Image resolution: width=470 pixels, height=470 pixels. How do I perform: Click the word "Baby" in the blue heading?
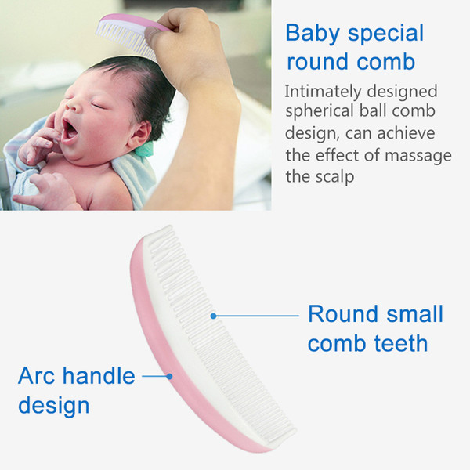pyautogui.click(x=313, y=34)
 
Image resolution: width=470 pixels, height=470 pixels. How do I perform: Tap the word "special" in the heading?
pyautogui.click(x=385, y=34)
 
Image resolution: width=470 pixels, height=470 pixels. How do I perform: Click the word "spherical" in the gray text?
pyautogui.click(x=320, y=111)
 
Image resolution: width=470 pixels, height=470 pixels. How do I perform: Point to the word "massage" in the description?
pyautogui.click(x=418, y=156)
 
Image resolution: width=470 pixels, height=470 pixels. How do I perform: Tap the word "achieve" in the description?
pyautogui.click(x=406, y=133)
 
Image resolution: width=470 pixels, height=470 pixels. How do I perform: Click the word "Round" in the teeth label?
pyautogui.click(x=344, y=314)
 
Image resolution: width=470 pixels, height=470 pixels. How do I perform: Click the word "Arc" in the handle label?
pyautogui.click(x=36, y=376)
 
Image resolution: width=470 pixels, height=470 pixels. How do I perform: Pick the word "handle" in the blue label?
pyautogui.click(x=99, y=375)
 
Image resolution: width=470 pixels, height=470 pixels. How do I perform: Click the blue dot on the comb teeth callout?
pyautogui.click(x=213, y=316)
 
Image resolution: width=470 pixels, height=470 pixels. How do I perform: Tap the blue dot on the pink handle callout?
pyautogui.click(x=170, y=376)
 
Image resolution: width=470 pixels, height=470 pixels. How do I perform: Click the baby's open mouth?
pyautogui.click(x=69, y=131)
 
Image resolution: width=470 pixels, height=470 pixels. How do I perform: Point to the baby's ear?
pyautogui.click(x=141, y=135)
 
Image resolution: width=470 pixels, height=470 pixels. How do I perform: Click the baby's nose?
pyautogui.click(x=73, y=104)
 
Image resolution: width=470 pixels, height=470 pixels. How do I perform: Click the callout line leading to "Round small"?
pyautogui.click(x=258, y=316)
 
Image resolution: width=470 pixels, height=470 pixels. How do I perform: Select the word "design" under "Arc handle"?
pyautogui.click(x=54, y=406)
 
